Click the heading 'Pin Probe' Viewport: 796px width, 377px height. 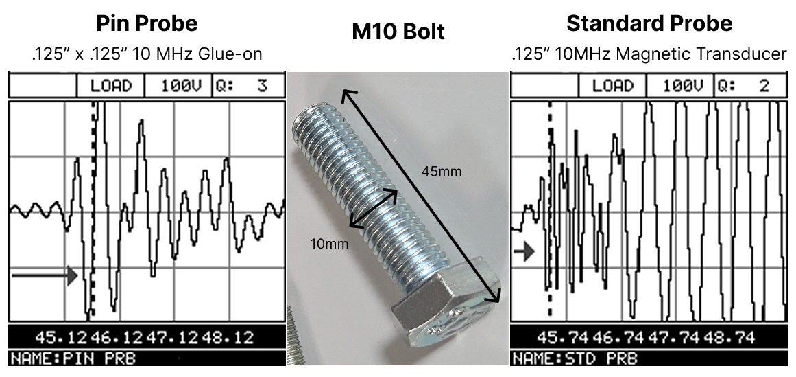(x=147, y=23)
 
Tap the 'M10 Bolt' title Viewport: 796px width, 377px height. (x=398, y=32)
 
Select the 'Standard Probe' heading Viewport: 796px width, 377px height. (x=649, y=23)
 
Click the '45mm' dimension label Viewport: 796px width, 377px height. (x=442, y=171)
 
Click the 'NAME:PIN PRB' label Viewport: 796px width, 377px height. (x=58, y=358)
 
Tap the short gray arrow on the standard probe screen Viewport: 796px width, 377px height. (x=524, y=251)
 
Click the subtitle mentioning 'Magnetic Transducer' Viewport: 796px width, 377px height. (x=649, y=54)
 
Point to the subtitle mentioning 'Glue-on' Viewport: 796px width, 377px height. (x=147, y=54)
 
